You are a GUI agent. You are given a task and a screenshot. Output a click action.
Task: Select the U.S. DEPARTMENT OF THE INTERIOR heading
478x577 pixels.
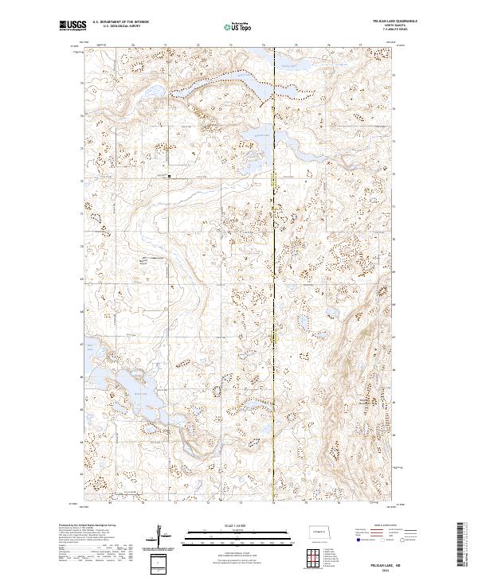pos(119,22)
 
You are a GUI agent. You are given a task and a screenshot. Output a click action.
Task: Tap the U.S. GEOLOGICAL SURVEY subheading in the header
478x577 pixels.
pos(116,26)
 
